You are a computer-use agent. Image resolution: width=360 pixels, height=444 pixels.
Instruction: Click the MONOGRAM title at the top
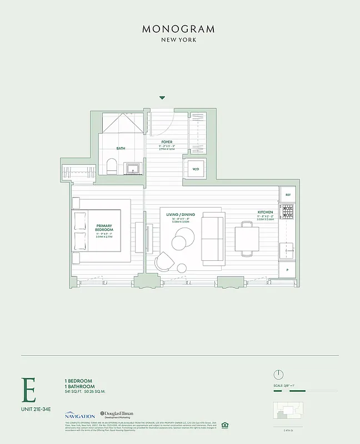point(179,29)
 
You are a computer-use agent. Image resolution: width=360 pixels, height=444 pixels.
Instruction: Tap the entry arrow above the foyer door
point(162,98)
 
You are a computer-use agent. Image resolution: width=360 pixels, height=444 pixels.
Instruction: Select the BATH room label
point(121,148)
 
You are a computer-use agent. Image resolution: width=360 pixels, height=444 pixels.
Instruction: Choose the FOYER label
point(167,142)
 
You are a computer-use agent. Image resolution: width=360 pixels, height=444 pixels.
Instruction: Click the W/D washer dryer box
point(196,169)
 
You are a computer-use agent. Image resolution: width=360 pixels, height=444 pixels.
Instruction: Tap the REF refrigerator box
point(288,195)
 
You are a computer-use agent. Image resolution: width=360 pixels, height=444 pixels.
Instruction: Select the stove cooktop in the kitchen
point(287,211)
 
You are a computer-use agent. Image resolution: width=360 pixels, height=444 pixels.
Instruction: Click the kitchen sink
point(288,251)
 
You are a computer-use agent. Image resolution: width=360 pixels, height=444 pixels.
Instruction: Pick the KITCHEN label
point(265,213)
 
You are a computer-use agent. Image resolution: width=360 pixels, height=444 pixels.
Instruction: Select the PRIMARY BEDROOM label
point(104,228)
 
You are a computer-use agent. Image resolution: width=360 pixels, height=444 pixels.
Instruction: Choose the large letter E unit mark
point(29,390)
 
